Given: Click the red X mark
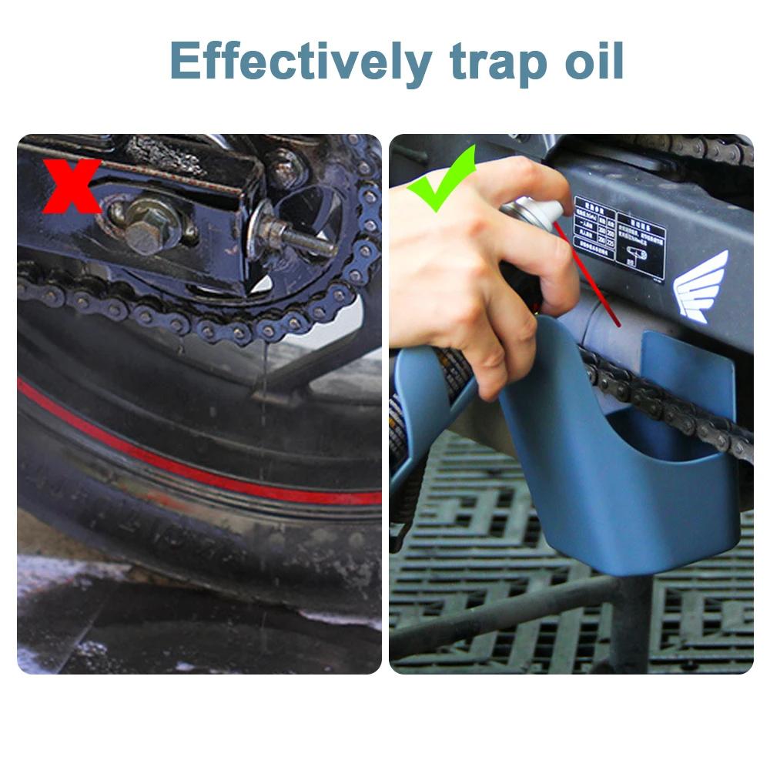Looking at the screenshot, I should point(71,186).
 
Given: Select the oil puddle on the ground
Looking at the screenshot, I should point(154,624).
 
